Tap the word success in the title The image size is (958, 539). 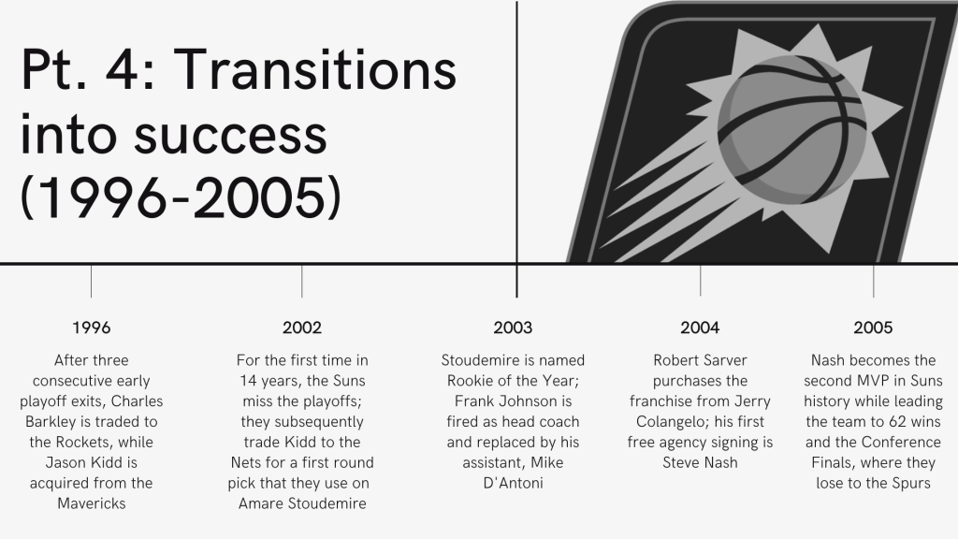point(231,135)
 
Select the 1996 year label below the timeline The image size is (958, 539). point(92,328)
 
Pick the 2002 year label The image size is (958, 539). point(302,328)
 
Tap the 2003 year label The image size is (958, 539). point(513,328)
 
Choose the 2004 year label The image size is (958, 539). point(700,328)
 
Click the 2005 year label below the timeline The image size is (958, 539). point(873,328)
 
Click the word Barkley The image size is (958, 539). point(50,422)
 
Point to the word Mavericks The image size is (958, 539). point(92,503)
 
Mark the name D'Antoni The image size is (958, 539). point(514,483)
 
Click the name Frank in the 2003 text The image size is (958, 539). point(474,401)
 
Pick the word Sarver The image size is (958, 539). point(726,360)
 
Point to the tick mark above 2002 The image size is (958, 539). point(302,281)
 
